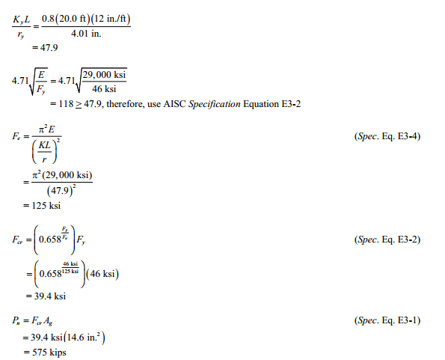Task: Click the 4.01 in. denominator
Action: pyautogui.click(x=86, y=34)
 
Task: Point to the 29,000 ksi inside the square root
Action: pyautogui.click(x=104, y=74)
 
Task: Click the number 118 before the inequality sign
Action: pyautogui.click(x=66, y=104)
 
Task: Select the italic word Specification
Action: pyautogui.click(x=215, y=104)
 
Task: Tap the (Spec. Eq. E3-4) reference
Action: pyautogui.click(x=387, y=136)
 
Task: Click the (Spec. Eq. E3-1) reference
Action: pyautogui.click(x=387, y=320)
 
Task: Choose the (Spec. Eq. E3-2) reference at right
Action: pyautogui.click(x=387, y=240)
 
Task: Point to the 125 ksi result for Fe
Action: pyautogui.click(x=46, y=205)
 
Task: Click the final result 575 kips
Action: pyautogui.click(x=49, y=353)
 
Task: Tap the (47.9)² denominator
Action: pyautogui.click(x=61, y=191)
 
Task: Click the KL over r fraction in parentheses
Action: pyautogui.click(x=44, y=152)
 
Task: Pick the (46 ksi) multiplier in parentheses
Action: pyautogui.click(x=102, y=274)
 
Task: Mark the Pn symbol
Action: pyautogui.click(x=16, y=320)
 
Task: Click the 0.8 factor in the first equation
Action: pyautogui.click(x=48, y=19)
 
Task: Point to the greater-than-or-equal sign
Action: pyautogui.click(x=79, y=105)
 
